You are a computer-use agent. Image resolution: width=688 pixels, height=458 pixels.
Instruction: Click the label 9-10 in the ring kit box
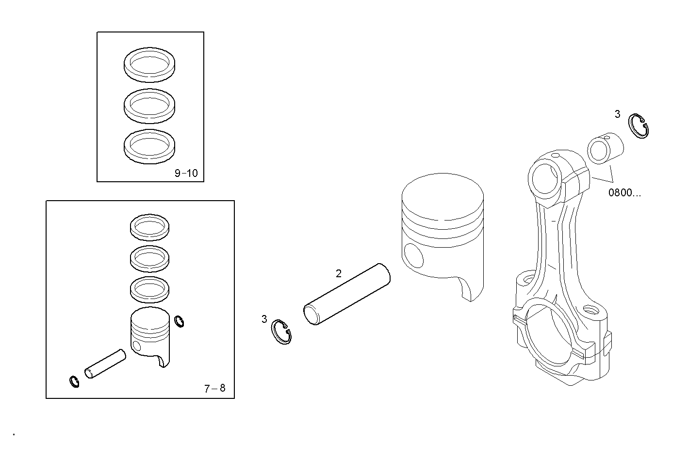click(x=186, y=173)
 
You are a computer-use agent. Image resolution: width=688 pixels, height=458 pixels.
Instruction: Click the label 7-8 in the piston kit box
click(x=214, y=388)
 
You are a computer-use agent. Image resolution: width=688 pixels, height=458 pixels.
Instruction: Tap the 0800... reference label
click(x=624, y=193)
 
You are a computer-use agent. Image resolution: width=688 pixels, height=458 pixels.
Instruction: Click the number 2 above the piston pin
click(x=339, y=273)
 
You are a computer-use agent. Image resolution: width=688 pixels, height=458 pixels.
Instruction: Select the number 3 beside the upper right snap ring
click(x=617, y=114)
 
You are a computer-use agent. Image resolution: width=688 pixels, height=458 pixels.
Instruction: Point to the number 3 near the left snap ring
click(x=264, y=319)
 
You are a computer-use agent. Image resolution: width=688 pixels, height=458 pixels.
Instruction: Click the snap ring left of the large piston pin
click(x=282, y=333)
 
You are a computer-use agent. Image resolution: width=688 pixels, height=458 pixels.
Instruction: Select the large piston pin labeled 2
click(x=347, y=294)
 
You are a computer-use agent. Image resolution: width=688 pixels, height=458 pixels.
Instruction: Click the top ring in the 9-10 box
click(x=150, y=63)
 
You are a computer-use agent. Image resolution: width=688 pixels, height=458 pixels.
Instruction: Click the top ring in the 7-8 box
click(x=150, y=227)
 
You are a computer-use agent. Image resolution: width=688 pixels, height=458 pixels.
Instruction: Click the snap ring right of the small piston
click(x=179, y=321)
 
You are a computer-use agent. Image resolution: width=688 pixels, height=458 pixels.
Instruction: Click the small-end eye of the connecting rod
click(x=545, y=178)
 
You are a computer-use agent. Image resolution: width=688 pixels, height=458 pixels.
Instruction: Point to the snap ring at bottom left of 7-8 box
click(x=74, y=381)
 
